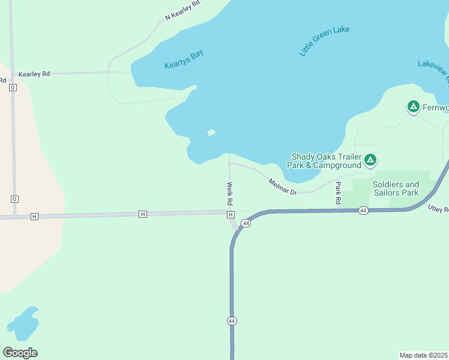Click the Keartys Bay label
coord(184,59)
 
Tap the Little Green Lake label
coord(324,41)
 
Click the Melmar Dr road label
coord(283,187)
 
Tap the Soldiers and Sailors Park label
coord(396,188)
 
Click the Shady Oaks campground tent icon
coord(371,160)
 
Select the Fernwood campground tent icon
coord(413,107)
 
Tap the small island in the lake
coord(211,133)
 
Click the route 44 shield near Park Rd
coord(363,211)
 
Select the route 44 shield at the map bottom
coord(232,321)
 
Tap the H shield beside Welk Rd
coord(231,215)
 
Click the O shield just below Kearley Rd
coord(13,88)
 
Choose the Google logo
coord(20,353)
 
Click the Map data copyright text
coord(423,355)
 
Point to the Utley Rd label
coord(438,209)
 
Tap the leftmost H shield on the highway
coord(34,216)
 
